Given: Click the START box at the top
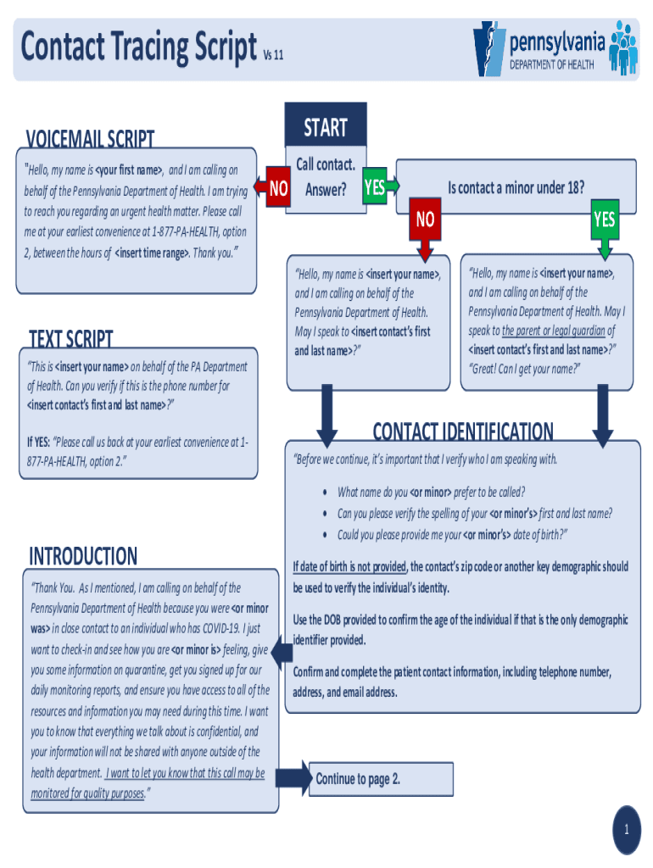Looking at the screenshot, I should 326,127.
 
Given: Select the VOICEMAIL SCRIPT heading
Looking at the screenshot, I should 91,138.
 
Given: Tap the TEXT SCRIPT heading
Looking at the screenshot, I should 70,339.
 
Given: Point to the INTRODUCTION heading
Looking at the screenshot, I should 83,556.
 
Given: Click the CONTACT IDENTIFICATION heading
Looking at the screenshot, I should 463,431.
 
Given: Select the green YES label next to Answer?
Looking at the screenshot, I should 374,187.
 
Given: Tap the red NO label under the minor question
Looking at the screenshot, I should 425,220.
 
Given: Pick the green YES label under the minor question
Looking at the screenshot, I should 604,220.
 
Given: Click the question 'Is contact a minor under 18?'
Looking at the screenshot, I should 516,187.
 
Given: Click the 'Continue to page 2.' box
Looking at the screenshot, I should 357,779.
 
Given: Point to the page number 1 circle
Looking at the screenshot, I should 627,830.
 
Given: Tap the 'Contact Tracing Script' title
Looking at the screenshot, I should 138,47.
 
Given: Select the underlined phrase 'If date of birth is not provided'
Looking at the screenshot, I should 350,567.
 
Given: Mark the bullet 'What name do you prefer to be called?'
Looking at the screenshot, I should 431,492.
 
